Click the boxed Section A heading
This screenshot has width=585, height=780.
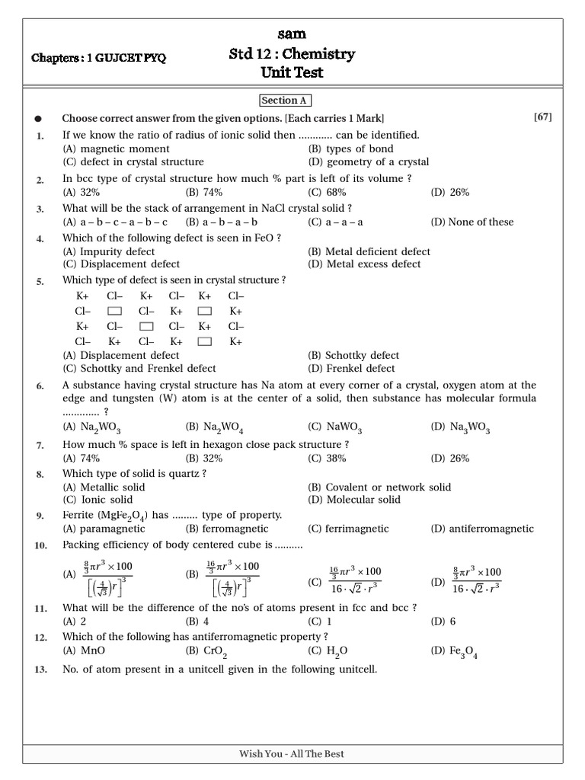pos(286,101)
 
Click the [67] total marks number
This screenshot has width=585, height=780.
pos(543,117)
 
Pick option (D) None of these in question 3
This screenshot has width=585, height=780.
pos(472,222)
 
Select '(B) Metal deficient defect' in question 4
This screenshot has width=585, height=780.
pos(369,251)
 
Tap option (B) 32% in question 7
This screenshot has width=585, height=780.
pos(204,458)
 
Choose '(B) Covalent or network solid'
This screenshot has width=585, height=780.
pos(379,487)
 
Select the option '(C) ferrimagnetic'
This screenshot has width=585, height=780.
pos(348,529)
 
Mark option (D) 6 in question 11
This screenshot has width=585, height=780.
pos(443,622)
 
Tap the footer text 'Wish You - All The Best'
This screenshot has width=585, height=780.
pos(292,754)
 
